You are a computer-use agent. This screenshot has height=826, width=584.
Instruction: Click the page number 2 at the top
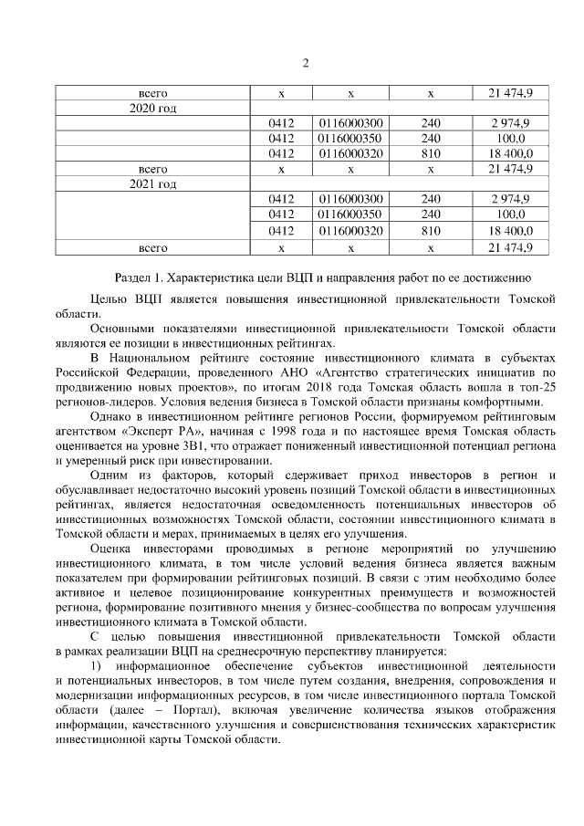(306, 62)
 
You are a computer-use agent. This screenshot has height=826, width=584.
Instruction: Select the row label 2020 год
(152, 108)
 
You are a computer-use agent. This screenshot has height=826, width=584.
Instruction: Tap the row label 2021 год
(152, 184)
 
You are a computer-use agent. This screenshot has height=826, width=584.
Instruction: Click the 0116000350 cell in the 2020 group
(351, 138)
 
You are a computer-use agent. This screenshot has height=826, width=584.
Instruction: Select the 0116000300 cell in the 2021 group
(351, 200)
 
